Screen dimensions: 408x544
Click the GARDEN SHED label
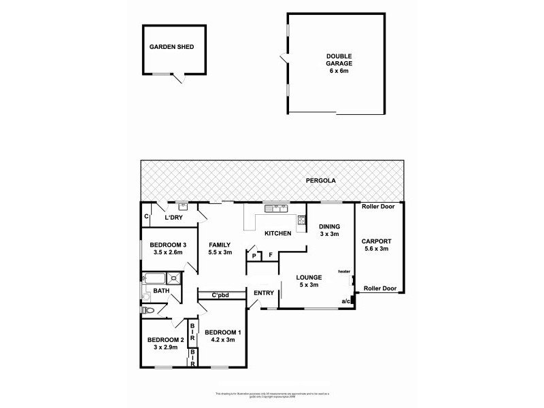click(172, 47)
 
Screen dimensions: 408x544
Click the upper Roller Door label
click(379, 206)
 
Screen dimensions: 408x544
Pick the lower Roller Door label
click(379, 288)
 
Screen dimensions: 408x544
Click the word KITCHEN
click(277, 233)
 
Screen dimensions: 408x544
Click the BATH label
click(161, 292)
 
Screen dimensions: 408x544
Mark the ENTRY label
click(263, 293)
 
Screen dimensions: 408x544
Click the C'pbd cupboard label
click(220, 294)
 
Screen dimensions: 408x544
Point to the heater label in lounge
click(343, 271)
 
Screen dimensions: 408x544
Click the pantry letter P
click(254, 256)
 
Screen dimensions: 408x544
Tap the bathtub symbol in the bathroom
click(156, 277)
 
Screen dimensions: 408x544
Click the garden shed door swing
click(178, 78)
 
